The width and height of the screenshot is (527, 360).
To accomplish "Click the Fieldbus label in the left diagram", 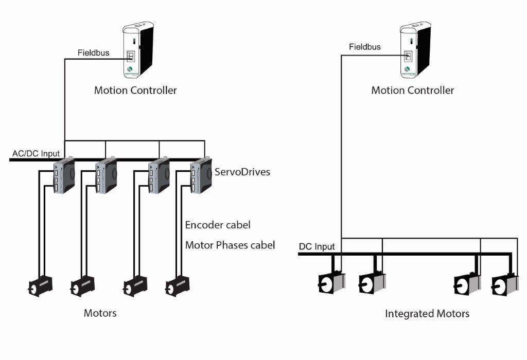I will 93,53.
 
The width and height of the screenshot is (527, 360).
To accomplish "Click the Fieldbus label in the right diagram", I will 365,47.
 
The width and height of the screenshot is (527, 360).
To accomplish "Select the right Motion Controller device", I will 414,50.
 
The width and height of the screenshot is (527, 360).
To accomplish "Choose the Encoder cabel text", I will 218,225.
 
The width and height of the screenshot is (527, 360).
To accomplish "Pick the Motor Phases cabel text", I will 230,245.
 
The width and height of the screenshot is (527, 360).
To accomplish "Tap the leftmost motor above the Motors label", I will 40,285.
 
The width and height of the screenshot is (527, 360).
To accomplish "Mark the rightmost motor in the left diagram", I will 177,285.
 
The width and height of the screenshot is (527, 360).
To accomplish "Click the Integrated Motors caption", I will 427,313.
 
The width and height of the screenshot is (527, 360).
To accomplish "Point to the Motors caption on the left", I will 100,313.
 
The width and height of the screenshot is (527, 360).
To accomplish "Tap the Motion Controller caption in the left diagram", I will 135,91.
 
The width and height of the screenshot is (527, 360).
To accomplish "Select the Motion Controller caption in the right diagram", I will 413,91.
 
